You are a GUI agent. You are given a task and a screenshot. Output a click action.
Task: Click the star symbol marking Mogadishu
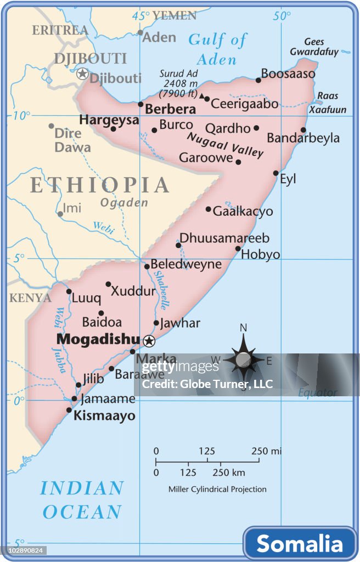[149, 341]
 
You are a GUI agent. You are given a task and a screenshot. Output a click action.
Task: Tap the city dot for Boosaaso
[258, 80]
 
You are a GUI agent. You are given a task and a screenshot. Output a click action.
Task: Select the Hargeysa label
[109, 120]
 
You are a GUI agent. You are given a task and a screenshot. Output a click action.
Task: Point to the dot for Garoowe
[238, 162]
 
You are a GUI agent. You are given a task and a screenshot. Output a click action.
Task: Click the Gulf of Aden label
[217, 49]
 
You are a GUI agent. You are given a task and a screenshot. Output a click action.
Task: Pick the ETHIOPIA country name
[99, 186]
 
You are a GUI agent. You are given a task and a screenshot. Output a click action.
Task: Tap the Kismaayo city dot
[69, 410]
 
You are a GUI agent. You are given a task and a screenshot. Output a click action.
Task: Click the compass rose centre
[244, 360]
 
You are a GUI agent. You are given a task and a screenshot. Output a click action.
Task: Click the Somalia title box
[300, 543]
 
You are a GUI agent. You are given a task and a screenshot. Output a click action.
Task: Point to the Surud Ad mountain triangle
[202, 96]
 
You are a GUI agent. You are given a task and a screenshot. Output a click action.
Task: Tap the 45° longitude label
[141, 16]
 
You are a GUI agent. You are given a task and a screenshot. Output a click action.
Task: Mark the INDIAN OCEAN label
[82, 500]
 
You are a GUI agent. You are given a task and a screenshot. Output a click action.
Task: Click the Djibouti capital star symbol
[82, 74]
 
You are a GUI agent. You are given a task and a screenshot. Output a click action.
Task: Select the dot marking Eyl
[276, 173]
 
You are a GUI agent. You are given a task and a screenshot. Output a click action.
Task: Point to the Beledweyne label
[186, 264]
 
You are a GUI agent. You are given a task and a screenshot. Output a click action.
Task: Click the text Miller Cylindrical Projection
[217, 489]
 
